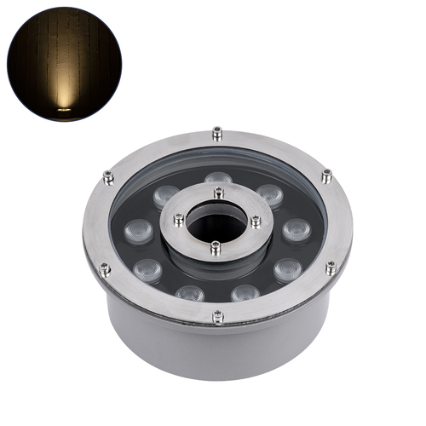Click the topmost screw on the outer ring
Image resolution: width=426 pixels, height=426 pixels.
[217, 132]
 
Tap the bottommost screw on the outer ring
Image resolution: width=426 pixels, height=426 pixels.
[218, 317]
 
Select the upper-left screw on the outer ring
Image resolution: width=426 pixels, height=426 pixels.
[108, 177]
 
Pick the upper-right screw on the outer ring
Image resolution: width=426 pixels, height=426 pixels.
[326, 176]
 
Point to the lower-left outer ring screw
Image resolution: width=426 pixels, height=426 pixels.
[105, 269]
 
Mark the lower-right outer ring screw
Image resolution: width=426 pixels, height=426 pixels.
[331, 268]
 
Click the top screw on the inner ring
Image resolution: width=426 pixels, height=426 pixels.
[218, 193]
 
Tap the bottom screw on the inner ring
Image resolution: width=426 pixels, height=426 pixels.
[216, 248]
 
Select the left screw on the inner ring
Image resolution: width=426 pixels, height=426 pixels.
[178, 219]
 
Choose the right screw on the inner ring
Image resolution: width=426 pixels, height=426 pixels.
[256, 221]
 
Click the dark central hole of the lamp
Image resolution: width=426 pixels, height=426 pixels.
[216, 223]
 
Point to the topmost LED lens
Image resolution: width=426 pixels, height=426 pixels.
[218, 178]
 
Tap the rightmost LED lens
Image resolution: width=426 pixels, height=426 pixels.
[296, 230]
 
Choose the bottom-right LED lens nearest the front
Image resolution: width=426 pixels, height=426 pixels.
[245, 294]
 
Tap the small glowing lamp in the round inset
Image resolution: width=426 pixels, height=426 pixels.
[63, 108]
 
